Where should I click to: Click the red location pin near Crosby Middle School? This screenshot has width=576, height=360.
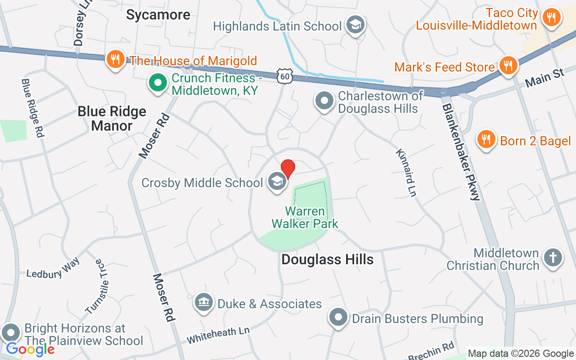pyautogui.click(x=288, y=169)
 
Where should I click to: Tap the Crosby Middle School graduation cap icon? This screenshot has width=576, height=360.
pyautogui.click(x=277, y=182)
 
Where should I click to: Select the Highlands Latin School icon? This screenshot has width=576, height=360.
pyautogui.click(x=355, y=25)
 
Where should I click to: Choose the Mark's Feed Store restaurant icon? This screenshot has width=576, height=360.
pyautogui.click(x=508, y=66)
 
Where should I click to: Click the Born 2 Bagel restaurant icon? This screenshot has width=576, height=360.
pyautogui.click(x=486, y=139)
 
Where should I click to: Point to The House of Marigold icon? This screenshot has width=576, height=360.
pyautogui.click(x=116, y=59)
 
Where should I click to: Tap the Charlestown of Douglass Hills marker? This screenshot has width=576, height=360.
pyautogui.click(x=324, y=101)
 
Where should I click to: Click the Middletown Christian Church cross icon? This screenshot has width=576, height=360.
pyautogui.click(x=553, y=258)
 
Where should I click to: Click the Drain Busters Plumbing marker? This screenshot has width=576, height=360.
pyautogui.click(x=338, y=318)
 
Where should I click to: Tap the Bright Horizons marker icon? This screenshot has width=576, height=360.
pyautogui.click(x=11, y=333)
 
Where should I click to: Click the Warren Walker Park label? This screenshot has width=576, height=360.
pyautogui.click(x=305, y=217)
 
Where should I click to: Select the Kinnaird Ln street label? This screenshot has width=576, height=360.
pyautogui.click(x=405, y=173)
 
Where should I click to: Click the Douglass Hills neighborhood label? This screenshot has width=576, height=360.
pyautogui.click(x=327, y=259)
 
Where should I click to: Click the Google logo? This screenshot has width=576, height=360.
pyautogui.click(x=31, y=349)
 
